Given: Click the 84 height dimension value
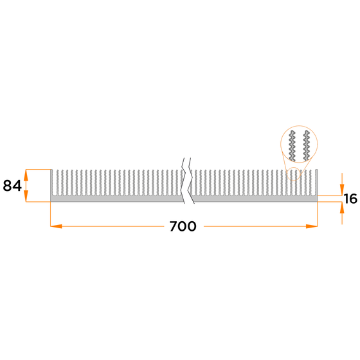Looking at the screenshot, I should [12, 186].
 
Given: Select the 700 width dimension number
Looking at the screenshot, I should [183, 227].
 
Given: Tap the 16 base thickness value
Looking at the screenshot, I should [350, 199].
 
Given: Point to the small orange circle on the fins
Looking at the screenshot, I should [292, 174].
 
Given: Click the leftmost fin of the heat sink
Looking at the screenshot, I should [52, 183].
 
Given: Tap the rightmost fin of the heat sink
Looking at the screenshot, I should [317, 183].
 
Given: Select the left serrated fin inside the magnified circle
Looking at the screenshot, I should [293, 146].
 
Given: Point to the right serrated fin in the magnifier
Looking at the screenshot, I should [308, 146].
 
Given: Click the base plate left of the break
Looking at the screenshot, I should [116, 199].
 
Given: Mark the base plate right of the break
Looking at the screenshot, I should [257, 199].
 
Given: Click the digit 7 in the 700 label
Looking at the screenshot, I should [174, 227].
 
